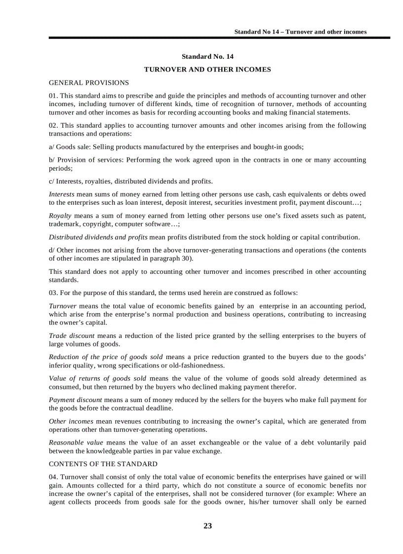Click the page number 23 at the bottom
[x=207, y=526]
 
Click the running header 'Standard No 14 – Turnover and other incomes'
[x=300, y=32]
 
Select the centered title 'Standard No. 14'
[x=207, y=57]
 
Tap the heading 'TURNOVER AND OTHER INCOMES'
[x=207, y=70]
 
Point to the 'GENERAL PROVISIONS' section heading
[x=89, y=82]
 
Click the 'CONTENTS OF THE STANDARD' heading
[x=103, y=464]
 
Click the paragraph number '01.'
[x=53, y=95]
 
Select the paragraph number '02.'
[x=53, y=125]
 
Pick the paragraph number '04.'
[x=53, y=477]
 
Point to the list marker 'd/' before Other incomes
[x=52, y=250]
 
